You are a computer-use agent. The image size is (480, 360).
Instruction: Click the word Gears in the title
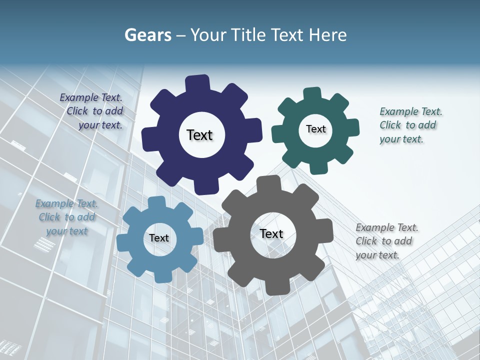147,35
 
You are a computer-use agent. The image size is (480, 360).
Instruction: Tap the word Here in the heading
328,35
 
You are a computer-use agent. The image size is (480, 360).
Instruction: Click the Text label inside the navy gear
200,135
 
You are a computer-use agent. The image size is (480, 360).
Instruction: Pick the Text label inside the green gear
315,129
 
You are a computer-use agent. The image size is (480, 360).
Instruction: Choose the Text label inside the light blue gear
159,238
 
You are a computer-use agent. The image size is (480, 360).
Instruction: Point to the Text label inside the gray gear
271,234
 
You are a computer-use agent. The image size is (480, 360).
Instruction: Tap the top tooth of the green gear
312,94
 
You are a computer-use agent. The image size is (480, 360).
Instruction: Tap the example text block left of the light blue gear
67,217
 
